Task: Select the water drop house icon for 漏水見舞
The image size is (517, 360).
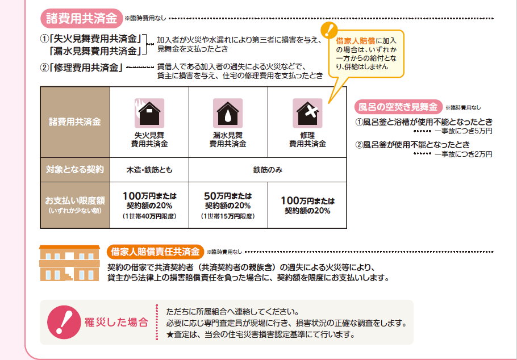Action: click(227, 113)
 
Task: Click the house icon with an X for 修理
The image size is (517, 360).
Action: click(307, 113)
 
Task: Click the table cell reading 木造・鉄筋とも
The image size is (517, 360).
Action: click(149, 170)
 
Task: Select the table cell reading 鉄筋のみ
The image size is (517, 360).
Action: click(268, 170)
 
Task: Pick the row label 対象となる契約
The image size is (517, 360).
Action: click(75, 170)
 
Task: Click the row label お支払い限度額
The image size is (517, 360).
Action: click(75, 201)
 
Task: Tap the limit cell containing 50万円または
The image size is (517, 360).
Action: click(227, 205)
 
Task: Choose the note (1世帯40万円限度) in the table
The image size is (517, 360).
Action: click(149, 216)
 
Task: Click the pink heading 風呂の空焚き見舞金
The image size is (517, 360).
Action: click(398, 106)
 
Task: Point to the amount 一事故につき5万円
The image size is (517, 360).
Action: click(463, 131)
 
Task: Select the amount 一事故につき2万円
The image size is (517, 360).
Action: click(463, 154)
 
